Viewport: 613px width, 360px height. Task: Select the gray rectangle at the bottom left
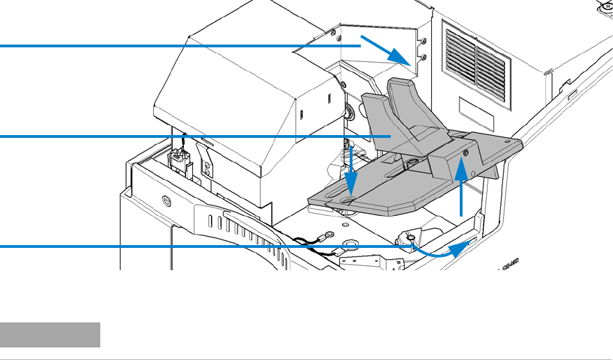50,334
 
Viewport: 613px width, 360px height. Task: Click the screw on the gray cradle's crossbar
465,152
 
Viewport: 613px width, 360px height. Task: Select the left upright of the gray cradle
377,118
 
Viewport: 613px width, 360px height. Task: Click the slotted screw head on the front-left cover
166,201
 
